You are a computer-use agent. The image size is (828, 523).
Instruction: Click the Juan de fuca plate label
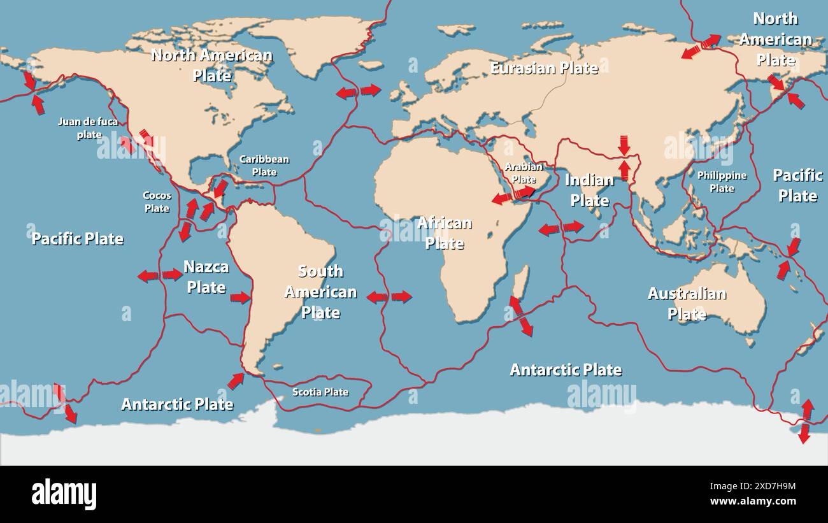click(88, 127)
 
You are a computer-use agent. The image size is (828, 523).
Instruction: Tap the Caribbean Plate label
click(264, 166)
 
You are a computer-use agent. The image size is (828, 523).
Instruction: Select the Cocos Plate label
click(157, 202)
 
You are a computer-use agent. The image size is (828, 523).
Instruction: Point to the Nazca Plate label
click(206, 276)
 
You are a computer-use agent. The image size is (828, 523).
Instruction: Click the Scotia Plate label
click(320, 392)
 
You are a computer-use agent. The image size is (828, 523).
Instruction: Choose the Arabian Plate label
click(524, 173)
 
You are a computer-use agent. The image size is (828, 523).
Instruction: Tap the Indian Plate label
click(589, 190)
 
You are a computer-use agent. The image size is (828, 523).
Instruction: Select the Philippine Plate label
click(722, 182)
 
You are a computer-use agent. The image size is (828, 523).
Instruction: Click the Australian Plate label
click(687, 303)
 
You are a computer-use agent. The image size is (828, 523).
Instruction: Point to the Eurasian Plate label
click(544, 68)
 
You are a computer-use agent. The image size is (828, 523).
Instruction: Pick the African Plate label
click(445, 233)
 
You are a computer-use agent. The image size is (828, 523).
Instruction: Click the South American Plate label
click(320, 291)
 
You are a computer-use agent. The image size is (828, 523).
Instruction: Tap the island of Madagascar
click(520, 282)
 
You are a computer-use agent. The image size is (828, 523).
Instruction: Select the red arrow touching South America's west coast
click(240, 297)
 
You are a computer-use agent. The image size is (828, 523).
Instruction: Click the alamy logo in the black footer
click(64, 494)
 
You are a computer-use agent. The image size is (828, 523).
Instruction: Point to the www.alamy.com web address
click(753, 501)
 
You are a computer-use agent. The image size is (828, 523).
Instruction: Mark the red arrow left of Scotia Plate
click(236, 381)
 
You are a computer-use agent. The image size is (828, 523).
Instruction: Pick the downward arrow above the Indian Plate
click(624, 145)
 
